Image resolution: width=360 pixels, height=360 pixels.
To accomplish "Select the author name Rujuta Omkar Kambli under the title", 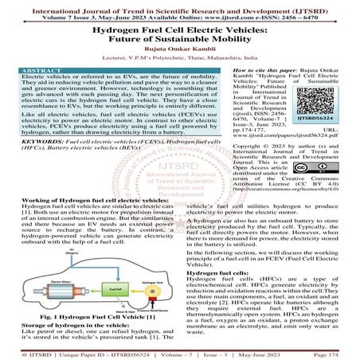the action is pyautogui.click(x=180, y=48).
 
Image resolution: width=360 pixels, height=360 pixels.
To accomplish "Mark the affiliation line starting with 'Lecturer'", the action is pyautogui.click(x=180, y=57).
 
